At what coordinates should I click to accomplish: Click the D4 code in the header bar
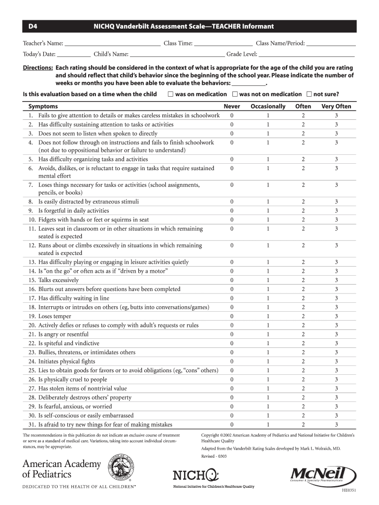coord(32,26)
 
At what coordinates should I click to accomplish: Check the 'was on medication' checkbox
coord(170,94)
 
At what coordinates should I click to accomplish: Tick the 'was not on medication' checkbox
coord(235,94)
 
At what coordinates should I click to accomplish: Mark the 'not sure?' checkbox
coord(309,94)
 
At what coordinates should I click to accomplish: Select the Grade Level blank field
coord(306,54)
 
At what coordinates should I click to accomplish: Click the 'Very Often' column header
coord(336,107)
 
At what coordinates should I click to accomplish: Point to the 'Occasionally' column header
coord(268,107)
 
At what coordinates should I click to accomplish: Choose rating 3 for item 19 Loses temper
coord(336,317)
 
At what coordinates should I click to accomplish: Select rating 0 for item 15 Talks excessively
coord(232,280)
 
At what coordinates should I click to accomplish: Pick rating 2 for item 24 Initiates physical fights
coord(303,361)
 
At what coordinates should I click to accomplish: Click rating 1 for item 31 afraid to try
coord(268,425)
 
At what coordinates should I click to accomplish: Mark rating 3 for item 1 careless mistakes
coord(336,115)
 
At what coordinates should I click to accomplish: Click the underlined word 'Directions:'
coord(38,68)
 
